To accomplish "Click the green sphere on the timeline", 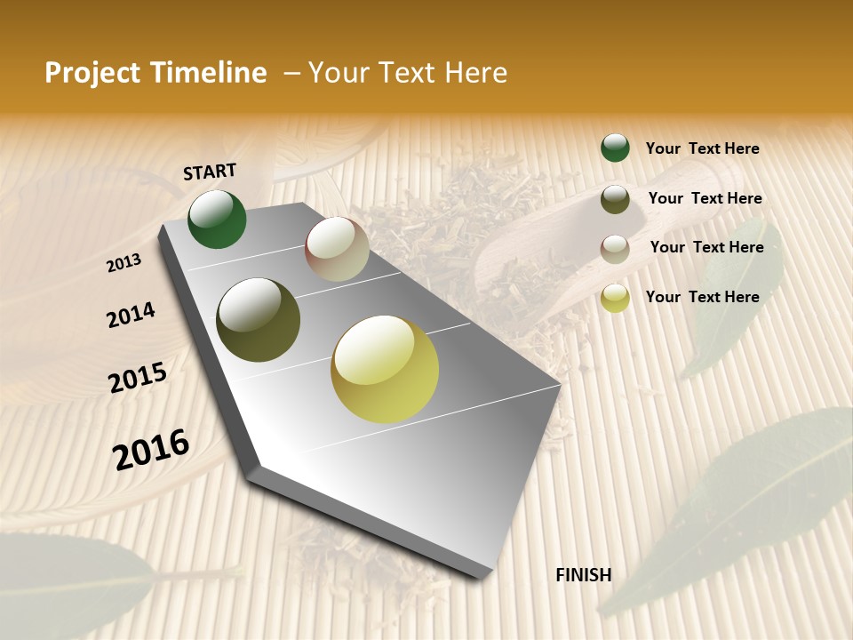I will point(217,220).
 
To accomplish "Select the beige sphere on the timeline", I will point(337,249).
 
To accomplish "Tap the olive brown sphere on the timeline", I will point(259,320).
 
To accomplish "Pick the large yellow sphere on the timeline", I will point(385,369).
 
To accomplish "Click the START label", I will point(210,172).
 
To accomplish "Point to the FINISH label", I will point(583,575).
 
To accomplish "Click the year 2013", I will point(124,262).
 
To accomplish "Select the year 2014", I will point(131,315).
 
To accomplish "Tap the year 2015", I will point(138,378).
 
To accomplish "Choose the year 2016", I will point(151,449).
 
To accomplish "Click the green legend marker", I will point(615,148).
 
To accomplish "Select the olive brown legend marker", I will point(615,199).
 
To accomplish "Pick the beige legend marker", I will point(615,248).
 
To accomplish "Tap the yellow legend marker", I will point(615,299).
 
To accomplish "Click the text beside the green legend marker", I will point(702,148).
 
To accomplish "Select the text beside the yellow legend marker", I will point(702,297).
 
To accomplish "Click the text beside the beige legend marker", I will point(706,247).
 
